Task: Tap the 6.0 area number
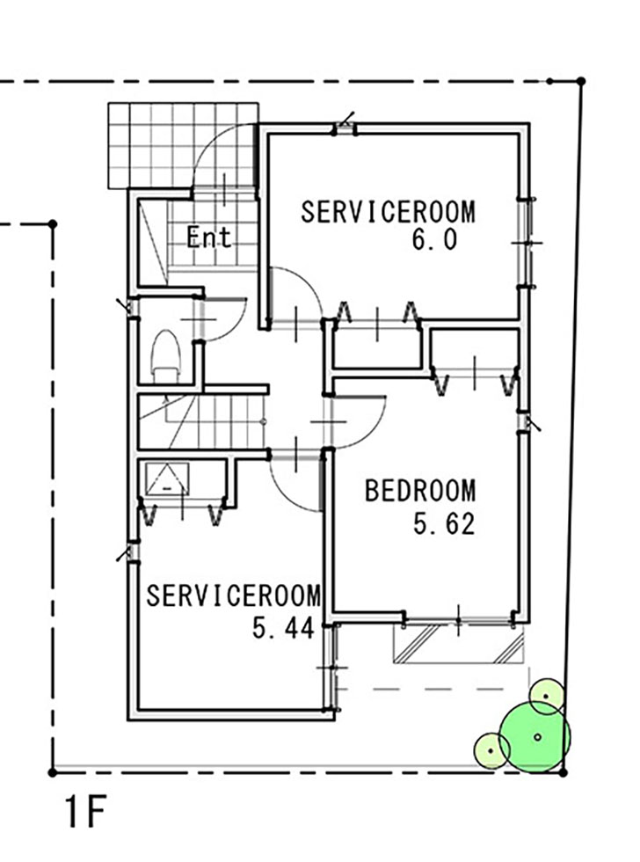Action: [434, 239]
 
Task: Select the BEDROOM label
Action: [420, 491]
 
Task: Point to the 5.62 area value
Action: [444, 523]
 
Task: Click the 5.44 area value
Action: [283, 627]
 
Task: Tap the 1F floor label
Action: [85, 813]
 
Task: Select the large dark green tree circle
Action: [535, 737]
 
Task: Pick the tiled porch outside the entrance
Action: [182, 146]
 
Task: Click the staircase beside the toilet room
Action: [201, 421]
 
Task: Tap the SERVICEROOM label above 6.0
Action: [388, 212]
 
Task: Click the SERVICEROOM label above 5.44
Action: [233, 595]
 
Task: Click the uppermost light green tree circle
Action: [546, 696]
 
